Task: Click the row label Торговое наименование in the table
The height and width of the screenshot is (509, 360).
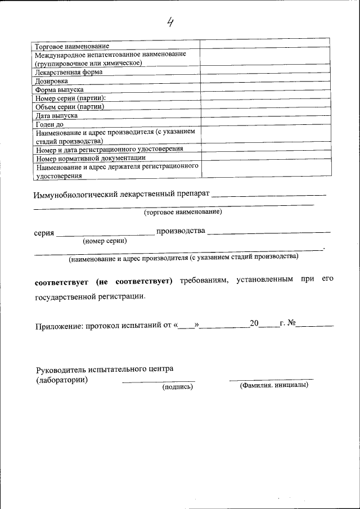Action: click(x=72, y=46)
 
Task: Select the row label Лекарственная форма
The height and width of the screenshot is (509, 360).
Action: click(x=69, y=72)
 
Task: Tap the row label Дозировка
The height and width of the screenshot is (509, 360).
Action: click(x=52, y=81)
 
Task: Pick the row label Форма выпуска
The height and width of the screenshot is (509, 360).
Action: click(x=60, y=89)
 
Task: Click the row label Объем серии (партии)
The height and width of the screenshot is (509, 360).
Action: click(x=70, y=106)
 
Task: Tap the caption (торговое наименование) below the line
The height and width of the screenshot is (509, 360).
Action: click(x=183, y=212)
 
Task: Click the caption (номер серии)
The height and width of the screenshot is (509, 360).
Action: click(x=105, y=241)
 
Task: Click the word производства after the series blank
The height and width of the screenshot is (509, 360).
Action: click(x=181, y=231)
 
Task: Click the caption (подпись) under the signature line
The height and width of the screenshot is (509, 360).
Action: click(x=178, y=387)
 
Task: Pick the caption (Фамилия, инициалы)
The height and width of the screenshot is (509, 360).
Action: click(x=274, y=386)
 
